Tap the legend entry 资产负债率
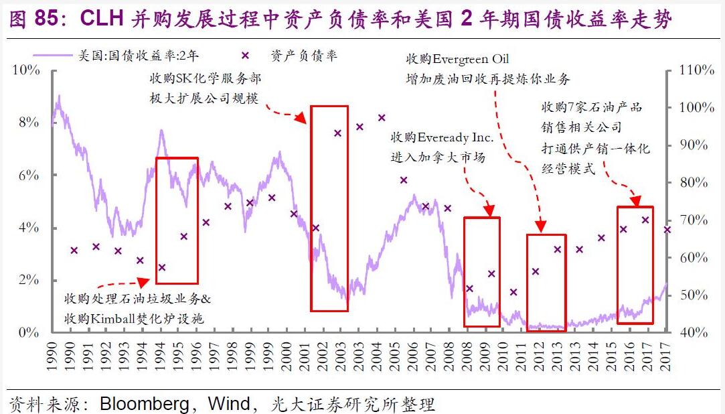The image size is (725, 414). tap(305, 56)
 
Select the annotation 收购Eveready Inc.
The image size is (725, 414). tap(442, 138)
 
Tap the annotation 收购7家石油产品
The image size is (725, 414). tap(592, 107)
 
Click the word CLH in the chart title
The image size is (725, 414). tap(102, 19)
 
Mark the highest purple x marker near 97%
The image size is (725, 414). tap(382, 118)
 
